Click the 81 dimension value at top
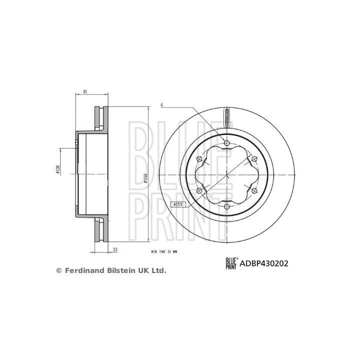[85, 92]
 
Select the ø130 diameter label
[58, 170]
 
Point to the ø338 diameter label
[145, 178]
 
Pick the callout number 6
[161, 105]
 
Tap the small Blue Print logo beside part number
[231, 262]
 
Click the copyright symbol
[58, 270]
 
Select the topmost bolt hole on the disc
[226, 143]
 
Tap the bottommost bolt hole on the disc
[226, 206]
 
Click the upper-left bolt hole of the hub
[199, 159]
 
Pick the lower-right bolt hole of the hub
[253, 190]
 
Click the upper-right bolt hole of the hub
[253, 159]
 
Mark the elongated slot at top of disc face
[226, 118]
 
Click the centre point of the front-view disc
[226, 174]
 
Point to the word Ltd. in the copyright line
[158, 270]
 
